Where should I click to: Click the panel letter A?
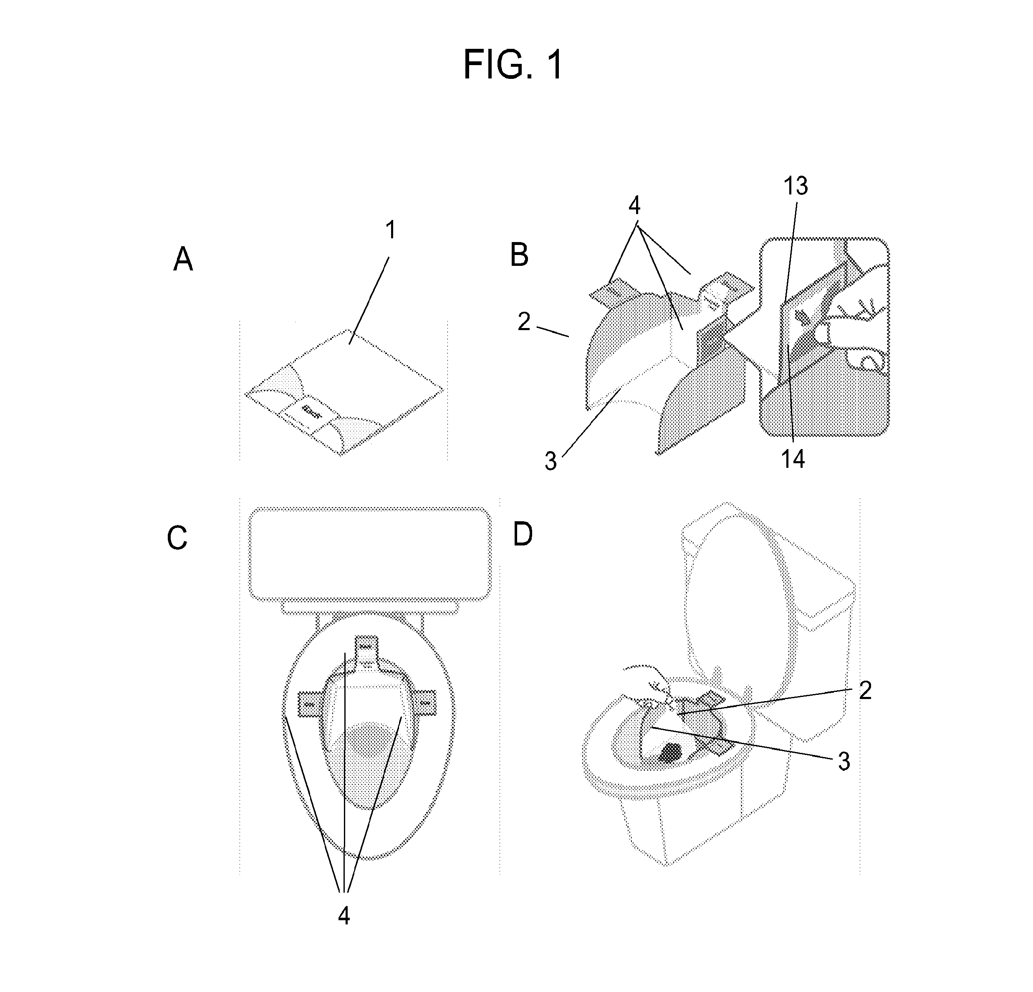click(x=183, y=260)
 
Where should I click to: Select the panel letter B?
click(x=519, y=255)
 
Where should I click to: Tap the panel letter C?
click(x=177, y=539)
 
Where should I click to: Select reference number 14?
click(x=793, y=459)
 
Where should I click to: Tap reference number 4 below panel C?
click(x=343, y=916)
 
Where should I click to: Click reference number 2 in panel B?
click(x=523, y=321)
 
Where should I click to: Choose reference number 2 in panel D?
click(x=865, y=691)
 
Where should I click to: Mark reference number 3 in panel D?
click(x=844, y=762)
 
